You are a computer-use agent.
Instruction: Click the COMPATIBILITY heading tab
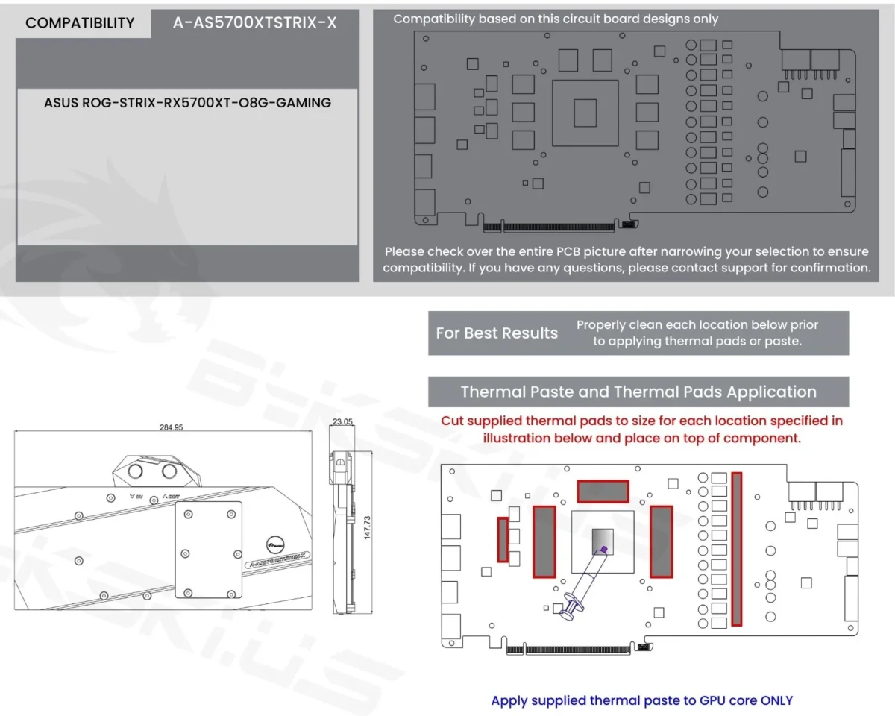tap(80, 23)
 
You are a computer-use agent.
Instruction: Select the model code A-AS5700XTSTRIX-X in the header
tap(254, 23)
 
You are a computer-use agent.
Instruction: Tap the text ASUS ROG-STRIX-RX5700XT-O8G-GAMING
tap(187, 103)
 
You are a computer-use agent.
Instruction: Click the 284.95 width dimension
tap(171, 427)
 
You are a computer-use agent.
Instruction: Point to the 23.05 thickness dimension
tap(342, 421)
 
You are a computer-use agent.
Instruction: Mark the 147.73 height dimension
tap(367, 528)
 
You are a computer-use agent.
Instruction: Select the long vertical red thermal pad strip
tap(737, 549)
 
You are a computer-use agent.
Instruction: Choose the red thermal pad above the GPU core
tap(603, 492)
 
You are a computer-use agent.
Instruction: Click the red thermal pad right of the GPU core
tap(662, 541)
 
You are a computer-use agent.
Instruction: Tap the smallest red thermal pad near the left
tap(503, 539)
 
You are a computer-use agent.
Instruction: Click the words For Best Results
tap(497, 333)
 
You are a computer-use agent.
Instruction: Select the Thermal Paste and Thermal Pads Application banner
tap(638, 392)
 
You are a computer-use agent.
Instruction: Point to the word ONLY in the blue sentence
tap(776, 700)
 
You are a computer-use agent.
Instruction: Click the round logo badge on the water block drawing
tap(275, 544)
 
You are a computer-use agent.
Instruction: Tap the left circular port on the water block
tap(135, 471)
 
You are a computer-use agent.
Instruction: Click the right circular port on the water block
tap(169, 471)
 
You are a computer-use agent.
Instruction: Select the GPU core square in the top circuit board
tap(585, 113)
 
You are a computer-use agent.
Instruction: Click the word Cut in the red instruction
tap(452, 421)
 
